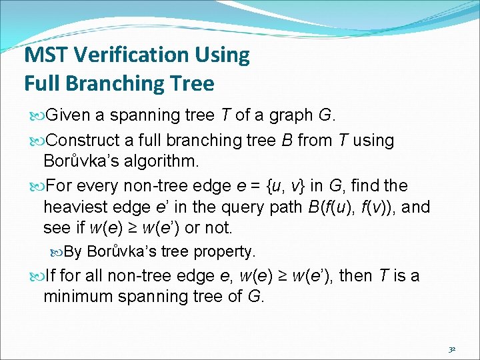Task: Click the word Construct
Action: coord(83,141)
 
